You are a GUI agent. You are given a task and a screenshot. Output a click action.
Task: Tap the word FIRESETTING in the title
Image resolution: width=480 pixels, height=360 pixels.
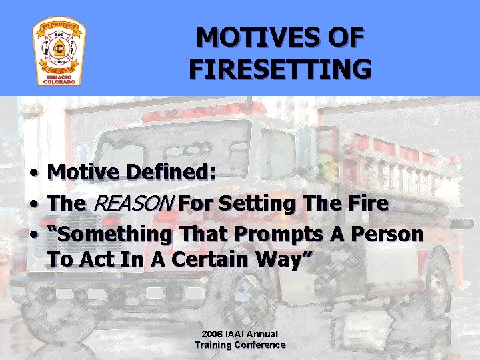[280, 69]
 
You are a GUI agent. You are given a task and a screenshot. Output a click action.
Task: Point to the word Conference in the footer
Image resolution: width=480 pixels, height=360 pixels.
[260, 345]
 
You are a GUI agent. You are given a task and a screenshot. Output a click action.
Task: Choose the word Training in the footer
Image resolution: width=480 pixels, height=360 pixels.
[213, 345]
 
